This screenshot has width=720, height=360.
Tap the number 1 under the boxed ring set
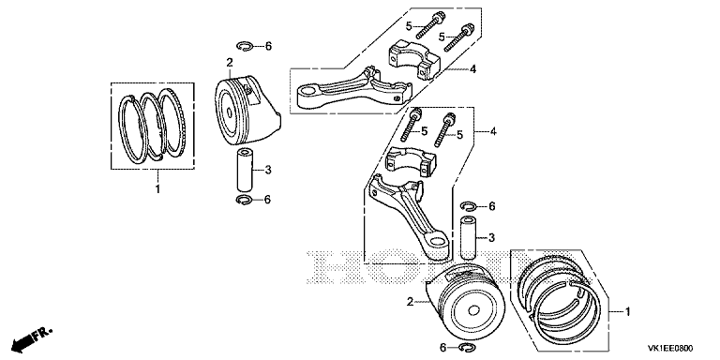pos(157,189)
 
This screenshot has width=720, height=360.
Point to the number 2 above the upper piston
pos(229,62)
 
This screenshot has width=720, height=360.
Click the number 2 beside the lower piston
pos(410,301)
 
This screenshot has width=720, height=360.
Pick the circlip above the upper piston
pos(245,45)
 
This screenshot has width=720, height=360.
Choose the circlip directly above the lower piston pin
pos(470,205)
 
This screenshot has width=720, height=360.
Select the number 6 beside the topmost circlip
pos(268,45)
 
